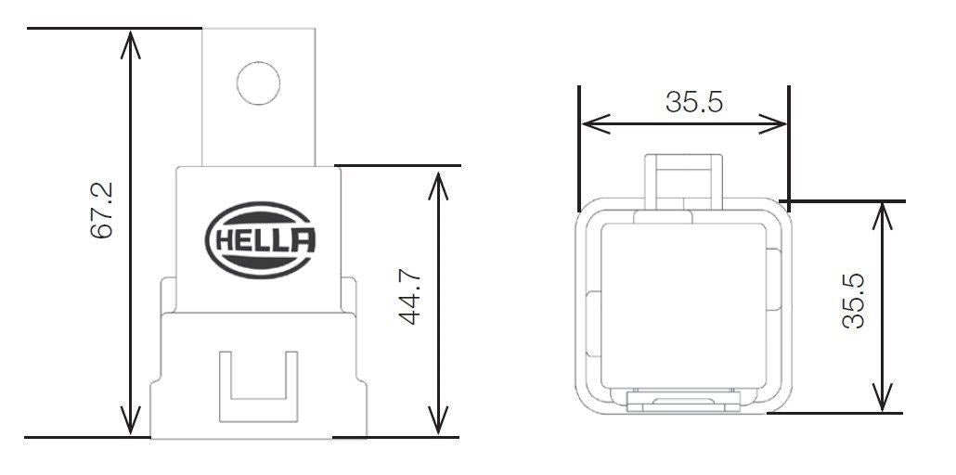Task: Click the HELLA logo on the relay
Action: [x=261, y=240]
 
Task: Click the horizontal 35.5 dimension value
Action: [x=694, y=102]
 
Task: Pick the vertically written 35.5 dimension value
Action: [x=853, y=301]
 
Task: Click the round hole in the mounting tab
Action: [x=259, y=83]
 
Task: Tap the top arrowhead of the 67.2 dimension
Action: [x=131, y=44]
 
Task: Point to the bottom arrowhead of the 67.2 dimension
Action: [x=131, y=420]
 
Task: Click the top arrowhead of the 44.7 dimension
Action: [x=438, y=186]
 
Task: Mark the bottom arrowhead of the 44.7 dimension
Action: [x=438, y=420]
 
